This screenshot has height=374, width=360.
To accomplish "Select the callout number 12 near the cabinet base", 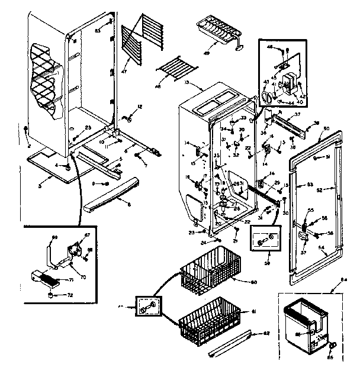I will coord(140,107).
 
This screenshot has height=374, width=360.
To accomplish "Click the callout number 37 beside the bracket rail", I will coord(298,114).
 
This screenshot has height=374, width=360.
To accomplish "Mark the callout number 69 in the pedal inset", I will coord(55,237).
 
